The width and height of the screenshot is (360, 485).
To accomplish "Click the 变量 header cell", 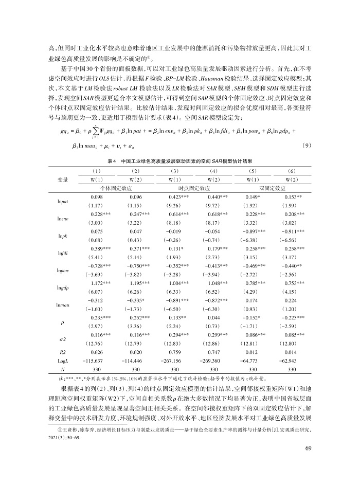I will (64, 179).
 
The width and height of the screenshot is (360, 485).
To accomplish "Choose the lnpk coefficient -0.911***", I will (292, 231).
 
